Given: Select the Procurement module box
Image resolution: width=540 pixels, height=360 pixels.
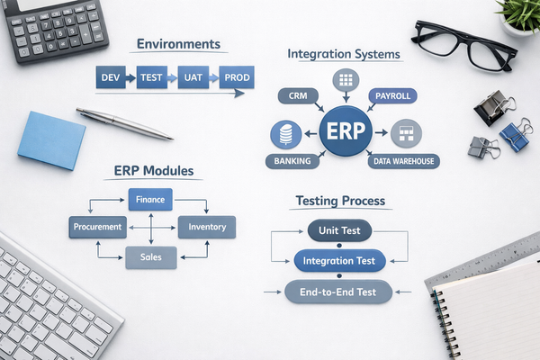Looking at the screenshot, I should (96, 227).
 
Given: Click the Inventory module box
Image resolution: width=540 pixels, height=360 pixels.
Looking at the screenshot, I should (207, 227).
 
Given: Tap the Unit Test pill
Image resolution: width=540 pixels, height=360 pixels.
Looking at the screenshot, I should (339, 230).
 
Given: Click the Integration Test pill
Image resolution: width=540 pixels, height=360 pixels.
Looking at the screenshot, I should (339, 261).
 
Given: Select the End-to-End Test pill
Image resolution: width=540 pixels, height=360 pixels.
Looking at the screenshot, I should (339, 291).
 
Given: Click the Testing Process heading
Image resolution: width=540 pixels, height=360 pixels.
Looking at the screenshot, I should (340, 201).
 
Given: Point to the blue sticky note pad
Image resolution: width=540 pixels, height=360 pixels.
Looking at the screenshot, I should (51, 139).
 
